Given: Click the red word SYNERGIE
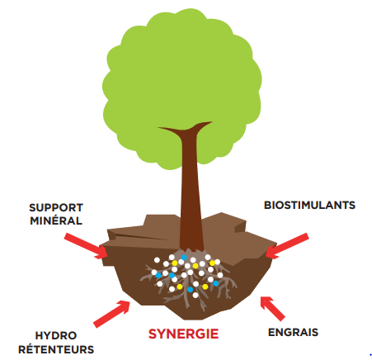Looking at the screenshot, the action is [183, 334].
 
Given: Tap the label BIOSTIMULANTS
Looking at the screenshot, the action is [309, 206].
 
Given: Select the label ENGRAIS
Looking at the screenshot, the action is [293, 332].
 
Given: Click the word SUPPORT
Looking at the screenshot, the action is [56, 208].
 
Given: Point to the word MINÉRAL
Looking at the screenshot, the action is [56, 220].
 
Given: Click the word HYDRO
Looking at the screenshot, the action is [56, 335].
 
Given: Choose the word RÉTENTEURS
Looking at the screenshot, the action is [56, 349].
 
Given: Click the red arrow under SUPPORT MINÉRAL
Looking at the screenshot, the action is [86, 246].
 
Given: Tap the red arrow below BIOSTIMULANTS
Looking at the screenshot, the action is [287, 246].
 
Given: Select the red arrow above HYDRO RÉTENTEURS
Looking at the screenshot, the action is [112, 314].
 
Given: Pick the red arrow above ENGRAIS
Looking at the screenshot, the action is [272, 309].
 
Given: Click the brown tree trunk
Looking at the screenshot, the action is [191, 192].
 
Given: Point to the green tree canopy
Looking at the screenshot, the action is [181, 83].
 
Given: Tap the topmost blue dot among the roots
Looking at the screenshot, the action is [184, 258].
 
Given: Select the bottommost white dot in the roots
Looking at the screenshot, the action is [195, 296].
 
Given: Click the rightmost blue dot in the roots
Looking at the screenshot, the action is [216, 283].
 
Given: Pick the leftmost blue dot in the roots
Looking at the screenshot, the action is [158, 275].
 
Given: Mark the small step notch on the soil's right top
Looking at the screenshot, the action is [240, 227].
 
